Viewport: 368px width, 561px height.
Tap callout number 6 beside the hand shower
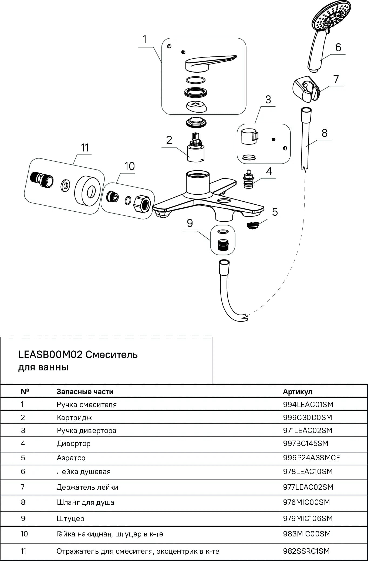tap(338, 48)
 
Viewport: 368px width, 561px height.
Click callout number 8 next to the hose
tap(325, 133)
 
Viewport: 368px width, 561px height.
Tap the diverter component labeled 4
tap(248, 179)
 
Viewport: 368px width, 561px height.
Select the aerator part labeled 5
tap(253, 225)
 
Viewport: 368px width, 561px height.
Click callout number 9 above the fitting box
tap(190, 223)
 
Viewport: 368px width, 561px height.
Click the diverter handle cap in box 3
tap(249, 136)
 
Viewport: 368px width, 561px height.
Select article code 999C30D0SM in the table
tap(308, 417)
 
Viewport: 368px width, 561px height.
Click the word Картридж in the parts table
tap(74, 418)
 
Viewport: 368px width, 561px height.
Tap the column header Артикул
tap(298, 391)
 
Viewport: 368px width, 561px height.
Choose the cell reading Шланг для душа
tap(85, 502)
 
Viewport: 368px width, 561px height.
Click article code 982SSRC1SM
tap(306, 551)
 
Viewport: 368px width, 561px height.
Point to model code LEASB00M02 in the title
tap(50, 354)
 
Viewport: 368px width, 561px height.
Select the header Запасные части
tap(85, 391)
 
